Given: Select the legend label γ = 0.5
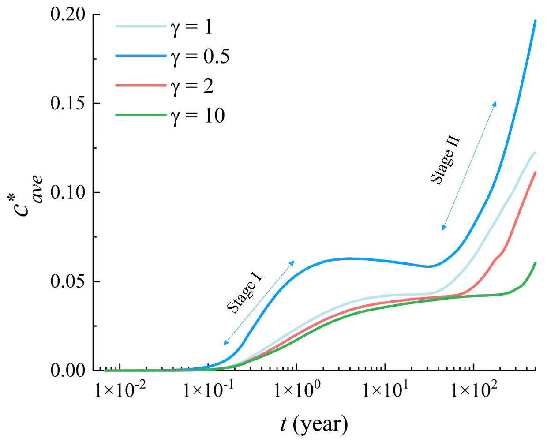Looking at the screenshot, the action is (200, 56).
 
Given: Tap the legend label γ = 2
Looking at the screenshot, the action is (192, 86).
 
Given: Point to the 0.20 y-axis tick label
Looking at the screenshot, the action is (68, 15).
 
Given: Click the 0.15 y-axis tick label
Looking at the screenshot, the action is (68, 104).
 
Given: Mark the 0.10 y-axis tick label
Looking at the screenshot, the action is (68, 193).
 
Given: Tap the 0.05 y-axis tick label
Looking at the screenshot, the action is (68, 282).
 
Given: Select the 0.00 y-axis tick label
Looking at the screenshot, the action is (68, 371).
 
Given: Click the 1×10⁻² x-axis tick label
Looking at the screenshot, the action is (120, 391).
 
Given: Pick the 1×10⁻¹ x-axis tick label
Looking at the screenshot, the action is (209, 391).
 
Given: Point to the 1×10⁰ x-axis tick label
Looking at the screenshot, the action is (297, 391).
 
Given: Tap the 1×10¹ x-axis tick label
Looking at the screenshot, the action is (385, 391).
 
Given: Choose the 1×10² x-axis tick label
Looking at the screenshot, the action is (473, 391).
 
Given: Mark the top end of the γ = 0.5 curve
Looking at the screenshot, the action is (535, 21).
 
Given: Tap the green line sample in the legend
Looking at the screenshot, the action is (141, 115).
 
